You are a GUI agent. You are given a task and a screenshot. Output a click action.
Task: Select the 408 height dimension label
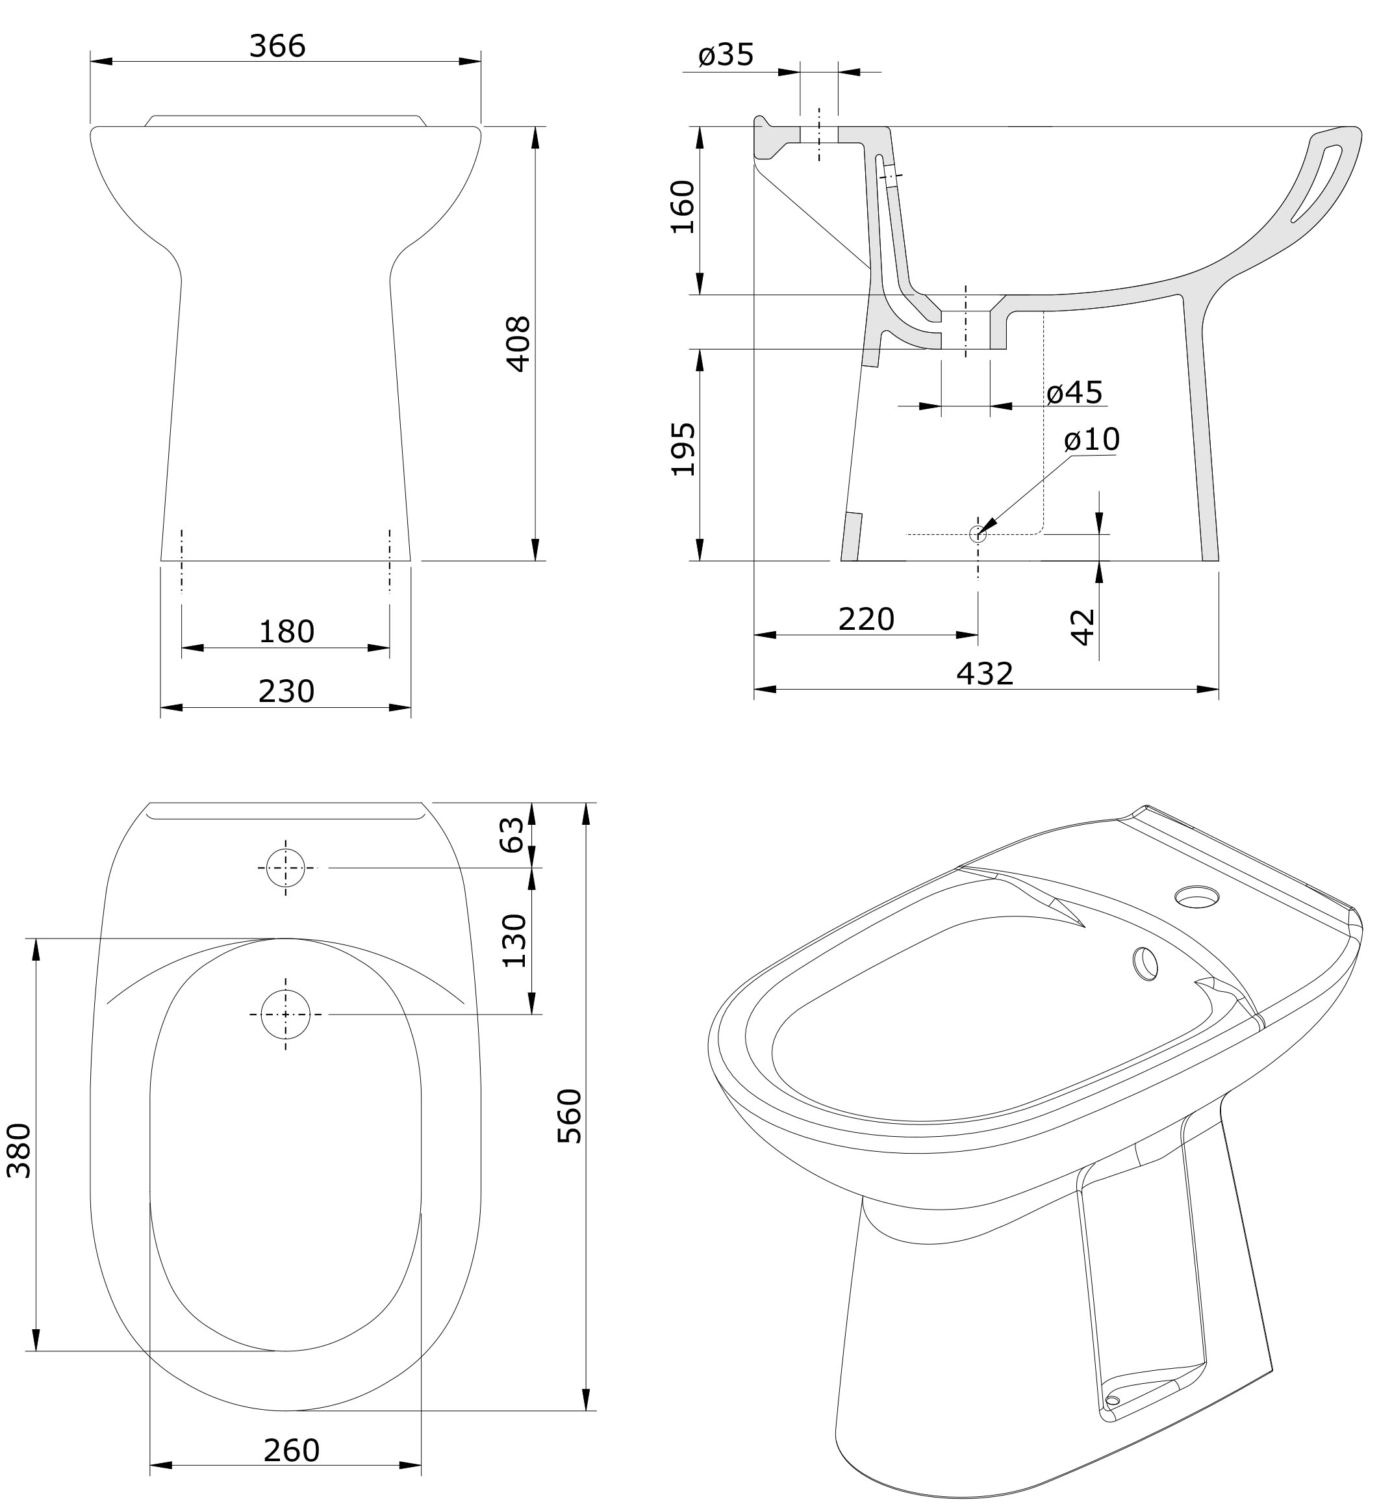pyautogui.click(x=518, y=344)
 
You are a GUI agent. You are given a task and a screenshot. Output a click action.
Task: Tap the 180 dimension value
pyautogui.click(x=286, y=632)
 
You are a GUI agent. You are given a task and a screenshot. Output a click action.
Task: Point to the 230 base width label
pyautogui.click(x=286, y=692)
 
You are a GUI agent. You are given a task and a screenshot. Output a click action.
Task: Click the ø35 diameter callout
pyautogui.click(x=726, y=55)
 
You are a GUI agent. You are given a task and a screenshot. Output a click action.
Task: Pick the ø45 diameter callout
pyautogui.click(x=1074, y=392)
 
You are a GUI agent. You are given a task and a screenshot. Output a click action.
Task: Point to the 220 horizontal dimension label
pyautogui.click(x=866, y=619)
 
